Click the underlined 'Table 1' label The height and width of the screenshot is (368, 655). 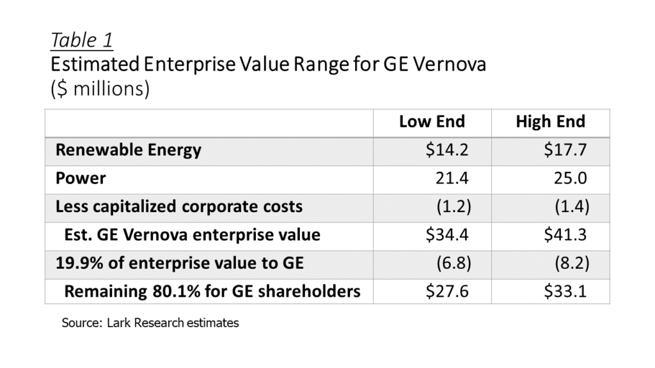tap(82, 40)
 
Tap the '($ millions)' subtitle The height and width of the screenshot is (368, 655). tap(100, 89)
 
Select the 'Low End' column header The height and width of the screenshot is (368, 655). tap(432, 121)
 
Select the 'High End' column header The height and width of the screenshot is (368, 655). tap(551, 121)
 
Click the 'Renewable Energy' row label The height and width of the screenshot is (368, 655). tap(128, 150)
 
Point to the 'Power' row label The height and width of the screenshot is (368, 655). tap(81, 178)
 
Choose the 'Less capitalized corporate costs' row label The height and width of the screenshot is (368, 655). tap(179, 206)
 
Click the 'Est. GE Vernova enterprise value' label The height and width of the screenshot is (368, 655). tap(192, 235)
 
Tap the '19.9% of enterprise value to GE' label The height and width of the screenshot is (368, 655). tap(180, 263)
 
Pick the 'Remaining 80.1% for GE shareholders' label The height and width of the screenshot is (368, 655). tap(212, 291)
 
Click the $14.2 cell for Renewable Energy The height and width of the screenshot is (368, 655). tap(447, 149)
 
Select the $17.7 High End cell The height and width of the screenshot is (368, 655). tap(565, 149)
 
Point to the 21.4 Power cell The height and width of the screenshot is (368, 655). tap(452, 178)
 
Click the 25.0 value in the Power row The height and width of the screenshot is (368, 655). tap(570, 178)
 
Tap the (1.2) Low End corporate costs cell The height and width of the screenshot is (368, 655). tap(454, 206)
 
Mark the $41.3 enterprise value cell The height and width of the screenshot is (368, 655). tap(565, 234)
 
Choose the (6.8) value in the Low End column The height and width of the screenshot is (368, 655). tap(454, 263)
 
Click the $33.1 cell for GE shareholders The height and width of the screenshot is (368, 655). tap(565, 291)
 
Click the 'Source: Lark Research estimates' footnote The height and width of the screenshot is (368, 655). tap(150, 323)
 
